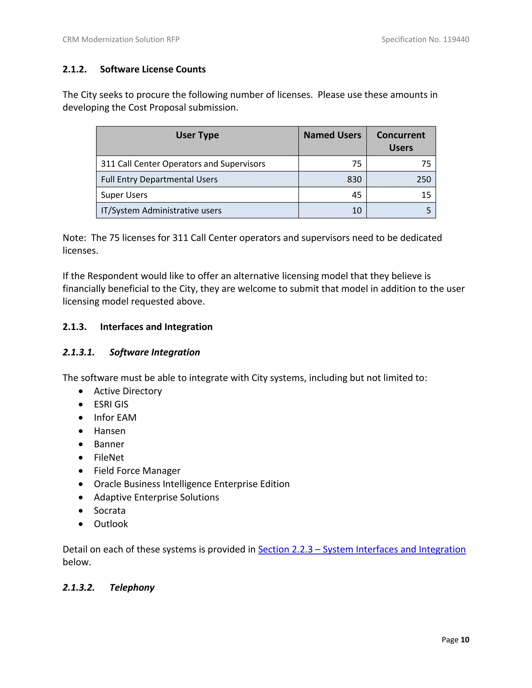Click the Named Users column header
tap(332, 135)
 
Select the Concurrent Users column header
tap(401, 141)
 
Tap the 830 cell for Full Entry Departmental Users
tap(354, 179)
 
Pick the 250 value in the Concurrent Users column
tap(424, 179)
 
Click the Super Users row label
tap(124, 195)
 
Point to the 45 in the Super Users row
tap(356, 195)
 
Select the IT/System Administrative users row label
tap(161, 211)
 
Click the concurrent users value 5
tap(428, 211)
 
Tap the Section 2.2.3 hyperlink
tap(362, 549)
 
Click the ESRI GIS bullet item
tap(111, 404)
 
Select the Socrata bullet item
tap(109, 510)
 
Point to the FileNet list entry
tap(109, 457)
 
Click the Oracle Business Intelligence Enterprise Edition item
tap(192, 484)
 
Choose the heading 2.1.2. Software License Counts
tap(134, 69)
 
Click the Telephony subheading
tap(132, 588)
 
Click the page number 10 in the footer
tap(465, 639)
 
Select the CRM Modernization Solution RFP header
tap(121, 39)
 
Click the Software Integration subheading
tap(155, 352)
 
